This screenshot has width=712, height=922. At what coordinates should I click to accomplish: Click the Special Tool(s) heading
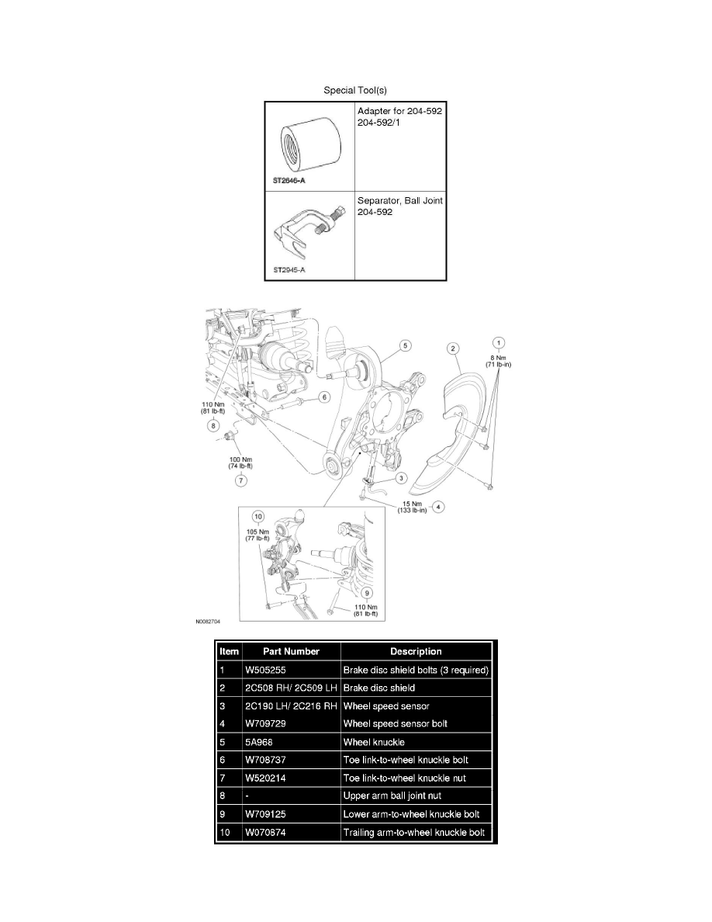click(354, 90)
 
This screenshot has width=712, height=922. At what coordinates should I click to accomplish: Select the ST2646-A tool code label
click(289, 181)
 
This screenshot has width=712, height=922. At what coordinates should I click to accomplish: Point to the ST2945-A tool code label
click(289, 270)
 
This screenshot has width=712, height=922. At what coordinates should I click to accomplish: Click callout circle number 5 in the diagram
click(406, 346)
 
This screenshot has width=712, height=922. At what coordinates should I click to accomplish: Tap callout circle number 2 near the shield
click(453, 348)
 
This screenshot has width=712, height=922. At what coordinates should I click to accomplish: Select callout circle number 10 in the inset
click(258, 517)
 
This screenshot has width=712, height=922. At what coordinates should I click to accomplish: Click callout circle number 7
click(241, 480)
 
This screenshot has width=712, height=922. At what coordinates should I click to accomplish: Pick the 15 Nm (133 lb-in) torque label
click(412, 507)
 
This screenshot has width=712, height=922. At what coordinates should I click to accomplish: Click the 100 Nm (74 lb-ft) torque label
click(240, 463)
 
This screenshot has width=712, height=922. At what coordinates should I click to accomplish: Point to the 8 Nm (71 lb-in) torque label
click(498, 361)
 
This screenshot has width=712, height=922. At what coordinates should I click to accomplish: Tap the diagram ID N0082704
click(208, 621)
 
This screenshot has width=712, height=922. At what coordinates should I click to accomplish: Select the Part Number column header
click(291, 651)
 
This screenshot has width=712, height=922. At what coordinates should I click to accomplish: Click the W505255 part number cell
click(265, 670)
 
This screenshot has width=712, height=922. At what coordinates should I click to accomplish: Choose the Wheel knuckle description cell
click(374, 742)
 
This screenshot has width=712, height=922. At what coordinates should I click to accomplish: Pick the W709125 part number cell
click(265, 814)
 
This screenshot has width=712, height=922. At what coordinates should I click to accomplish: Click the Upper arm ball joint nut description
click(392, 796)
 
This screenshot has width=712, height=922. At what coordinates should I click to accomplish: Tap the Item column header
click(229, 651)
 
